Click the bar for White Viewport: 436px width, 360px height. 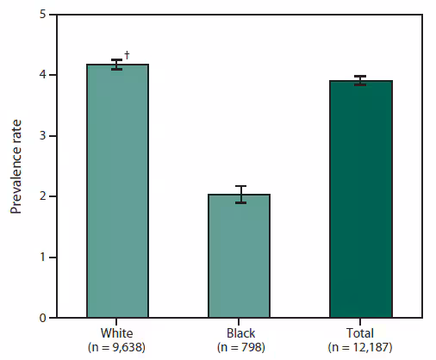118,191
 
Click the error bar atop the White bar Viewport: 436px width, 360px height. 118,64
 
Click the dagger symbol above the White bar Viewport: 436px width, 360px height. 128,55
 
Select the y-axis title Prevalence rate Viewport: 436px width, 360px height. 16,166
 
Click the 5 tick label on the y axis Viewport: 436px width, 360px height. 42,15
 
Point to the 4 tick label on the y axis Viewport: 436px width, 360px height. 42,75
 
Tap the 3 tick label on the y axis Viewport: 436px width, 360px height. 42,136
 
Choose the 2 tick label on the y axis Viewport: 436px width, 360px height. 42,196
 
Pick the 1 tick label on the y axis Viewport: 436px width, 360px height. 42,258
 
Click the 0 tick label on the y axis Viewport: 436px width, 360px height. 42,318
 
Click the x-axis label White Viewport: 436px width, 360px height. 118,332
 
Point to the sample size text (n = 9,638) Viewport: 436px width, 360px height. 118,347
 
